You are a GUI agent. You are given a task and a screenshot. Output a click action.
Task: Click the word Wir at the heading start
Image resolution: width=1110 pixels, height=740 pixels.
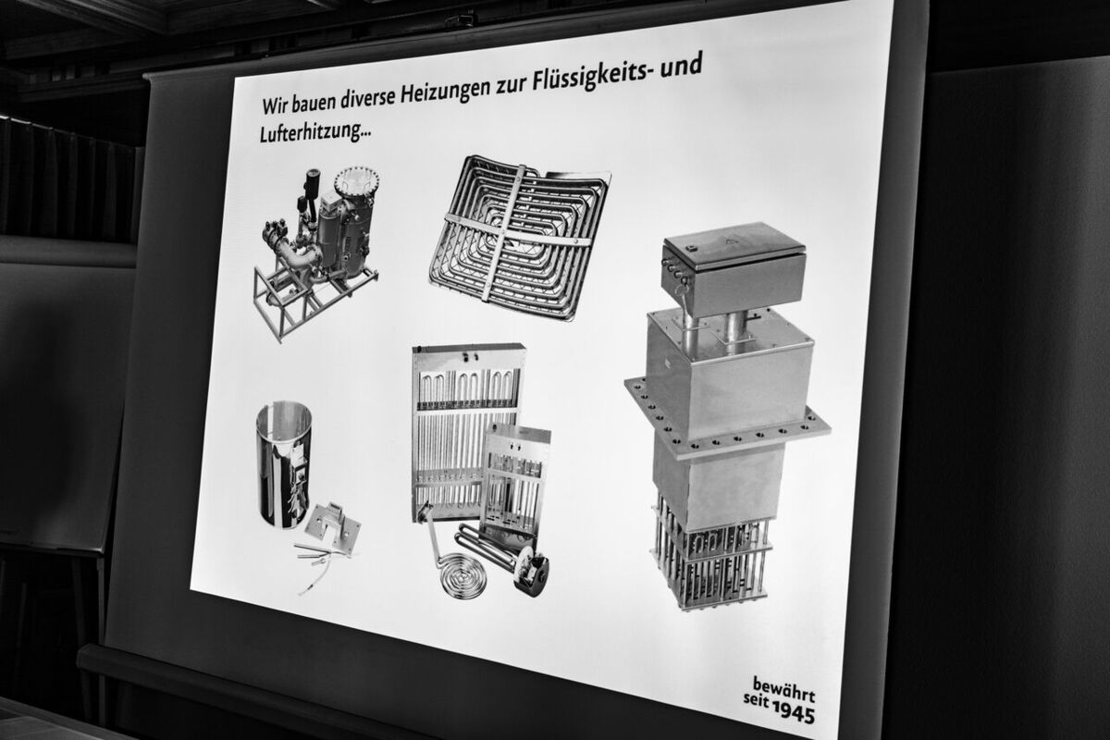tap(275, 105)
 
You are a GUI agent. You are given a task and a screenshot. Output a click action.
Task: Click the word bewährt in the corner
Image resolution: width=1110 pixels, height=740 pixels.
tap(784, 688)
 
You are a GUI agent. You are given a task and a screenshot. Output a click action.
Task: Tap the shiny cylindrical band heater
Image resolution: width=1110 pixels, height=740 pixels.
tap(283, 464)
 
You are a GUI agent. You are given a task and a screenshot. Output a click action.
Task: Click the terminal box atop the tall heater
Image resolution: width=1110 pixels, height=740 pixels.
tap(732, 266)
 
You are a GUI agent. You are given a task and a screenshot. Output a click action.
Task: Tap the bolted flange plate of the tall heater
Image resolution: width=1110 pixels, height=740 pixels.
tap(727, 418)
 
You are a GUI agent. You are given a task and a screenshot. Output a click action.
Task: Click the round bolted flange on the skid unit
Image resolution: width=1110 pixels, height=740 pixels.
tap(356, 179)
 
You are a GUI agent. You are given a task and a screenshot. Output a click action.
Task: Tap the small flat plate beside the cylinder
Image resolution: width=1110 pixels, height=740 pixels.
tap(332, 527)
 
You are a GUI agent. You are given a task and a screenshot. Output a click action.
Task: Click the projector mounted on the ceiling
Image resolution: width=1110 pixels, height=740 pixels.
tap(460, 22)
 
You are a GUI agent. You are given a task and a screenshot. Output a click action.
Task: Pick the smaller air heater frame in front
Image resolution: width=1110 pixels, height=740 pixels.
tap(515, 477)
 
